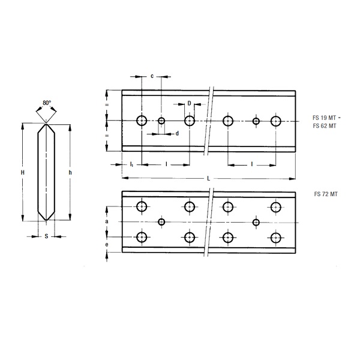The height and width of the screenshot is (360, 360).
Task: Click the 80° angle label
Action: tap(47, 103)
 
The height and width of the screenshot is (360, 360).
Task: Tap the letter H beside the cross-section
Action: tap(23, 172)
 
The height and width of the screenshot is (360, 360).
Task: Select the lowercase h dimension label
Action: tap(70, 172)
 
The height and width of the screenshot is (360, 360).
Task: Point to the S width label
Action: tap(46, 236)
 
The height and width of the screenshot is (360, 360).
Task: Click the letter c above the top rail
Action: tap(152, 76)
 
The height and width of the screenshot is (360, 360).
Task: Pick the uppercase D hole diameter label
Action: tap(189, 103)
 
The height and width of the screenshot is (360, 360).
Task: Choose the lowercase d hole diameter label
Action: tap(177, 133)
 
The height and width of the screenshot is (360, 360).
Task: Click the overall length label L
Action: tap(208, 178)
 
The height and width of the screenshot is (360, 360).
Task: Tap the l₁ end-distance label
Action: tap(131, 164)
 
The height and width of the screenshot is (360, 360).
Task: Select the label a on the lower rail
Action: tap(107, 221)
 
